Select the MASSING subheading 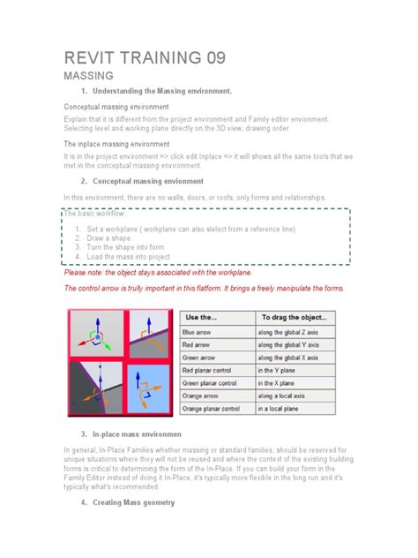point(89,78)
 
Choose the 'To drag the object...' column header point(294,316)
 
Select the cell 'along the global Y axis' point(296,345)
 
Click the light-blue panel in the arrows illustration point(146,388)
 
